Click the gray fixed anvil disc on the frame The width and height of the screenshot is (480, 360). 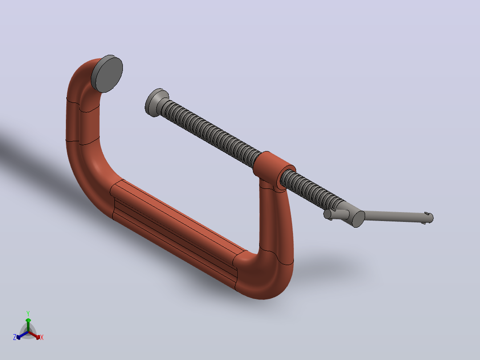coord(107,74)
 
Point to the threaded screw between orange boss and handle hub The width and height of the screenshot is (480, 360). coord(312,189)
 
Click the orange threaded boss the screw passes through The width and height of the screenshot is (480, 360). coord(274,170)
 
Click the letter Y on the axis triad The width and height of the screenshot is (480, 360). coord(28,313)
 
